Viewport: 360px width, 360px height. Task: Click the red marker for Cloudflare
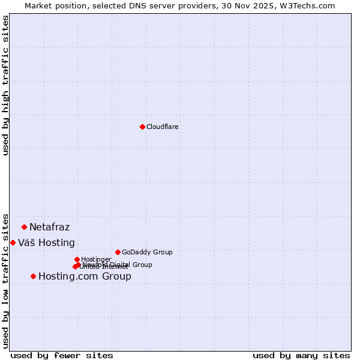click(142, 127)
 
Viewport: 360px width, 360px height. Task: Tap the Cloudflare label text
click(163, 127)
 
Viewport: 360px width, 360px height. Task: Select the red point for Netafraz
click(25, 227)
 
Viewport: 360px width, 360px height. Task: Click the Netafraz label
click(49, 227)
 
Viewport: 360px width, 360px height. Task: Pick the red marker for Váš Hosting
click(13, 242)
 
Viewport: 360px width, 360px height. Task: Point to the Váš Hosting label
click(46, 243)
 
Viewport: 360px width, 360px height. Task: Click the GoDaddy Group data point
click(118, 252)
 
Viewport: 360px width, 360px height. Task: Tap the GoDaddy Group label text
click(147, 252)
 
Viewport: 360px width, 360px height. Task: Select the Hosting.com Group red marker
click(33, 276)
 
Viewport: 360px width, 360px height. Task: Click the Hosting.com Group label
click(85, 277)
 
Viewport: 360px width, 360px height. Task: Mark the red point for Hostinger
click(77, 259)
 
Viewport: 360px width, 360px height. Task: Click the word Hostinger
click(96, 259)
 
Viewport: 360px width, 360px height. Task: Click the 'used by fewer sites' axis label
click(62, 355)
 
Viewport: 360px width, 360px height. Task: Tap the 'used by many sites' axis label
click(301, 355)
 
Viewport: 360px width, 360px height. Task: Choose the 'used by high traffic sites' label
click(6, 85)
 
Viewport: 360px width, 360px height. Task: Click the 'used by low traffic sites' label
click(6, 280)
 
